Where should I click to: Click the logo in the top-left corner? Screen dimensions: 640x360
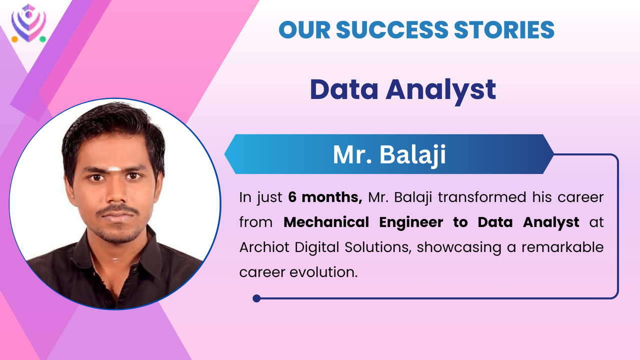[x=28, y=23]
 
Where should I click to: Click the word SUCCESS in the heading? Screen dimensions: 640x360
[x=392, y=29]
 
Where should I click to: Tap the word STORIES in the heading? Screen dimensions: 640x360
[x=504, y=29]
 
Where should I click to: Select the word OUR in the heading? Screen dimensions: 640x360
[x=304, y=29]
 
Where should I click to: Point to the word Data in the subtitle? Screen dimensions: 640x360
[x=344, y=89]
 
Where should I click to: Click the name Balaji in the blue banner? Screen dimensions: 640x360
[x=412, y=155]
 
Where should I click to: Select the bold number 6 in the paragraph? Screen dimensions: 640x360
[x=292, y=197]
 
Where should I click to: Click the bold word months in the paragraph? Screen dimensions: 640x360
[x=332, y=197]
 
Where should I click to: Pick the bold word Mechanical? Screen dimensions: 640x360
[x=326, y=222]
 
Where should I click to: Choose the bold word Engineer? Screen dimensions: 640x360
[x=411, y=222]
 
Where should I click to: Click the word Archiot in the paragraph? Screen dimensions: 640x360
[x=264, y=247]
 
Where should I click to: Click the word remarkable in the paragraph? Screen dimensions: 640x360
[x=562, y=247]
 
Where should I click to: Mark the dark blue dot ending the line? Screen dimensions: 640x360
[x=256, y=298]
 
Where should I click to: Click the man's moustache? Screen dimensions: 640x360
[x=117, y=210]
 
